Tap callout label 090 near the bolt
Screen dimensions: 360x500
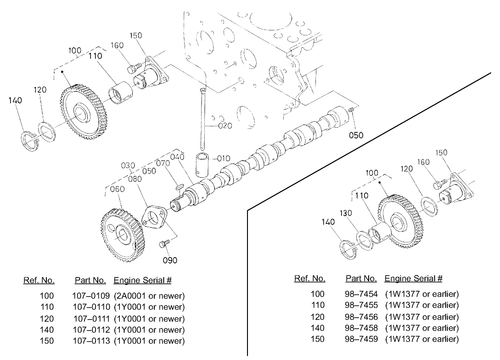click(170, 260)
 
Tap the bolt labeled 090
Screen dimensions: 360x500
click(163, 243)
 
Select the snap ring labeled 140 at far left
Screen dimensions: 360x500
click(30, 139)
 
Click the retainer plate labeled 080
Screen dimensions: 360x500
click(154, 217)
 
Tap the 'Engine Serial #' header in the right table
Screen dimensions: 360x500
click(413, 278)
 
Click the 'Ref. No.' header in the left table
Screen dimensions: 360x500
click(39, 280)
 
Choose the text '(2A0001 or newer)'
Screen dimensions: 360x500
click(149, 295)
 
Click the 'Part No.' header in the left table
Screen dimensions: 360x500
click(90, 280)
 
